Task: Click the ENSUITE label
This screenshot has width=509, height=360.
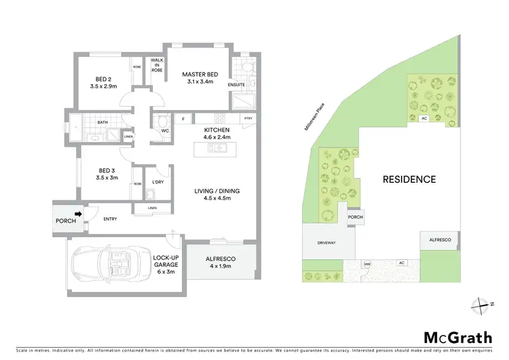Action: tap(237, 85)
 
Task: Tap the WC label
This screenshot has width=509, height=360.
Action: tap(165, 130)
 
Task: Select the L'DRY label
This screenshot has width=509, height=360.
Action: tap(157, 183)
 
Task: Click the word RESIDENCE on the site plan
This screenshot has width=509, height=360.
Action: tap(409, 180)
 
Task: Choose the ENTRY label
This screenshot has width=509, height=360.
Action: tap(111, 219)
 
